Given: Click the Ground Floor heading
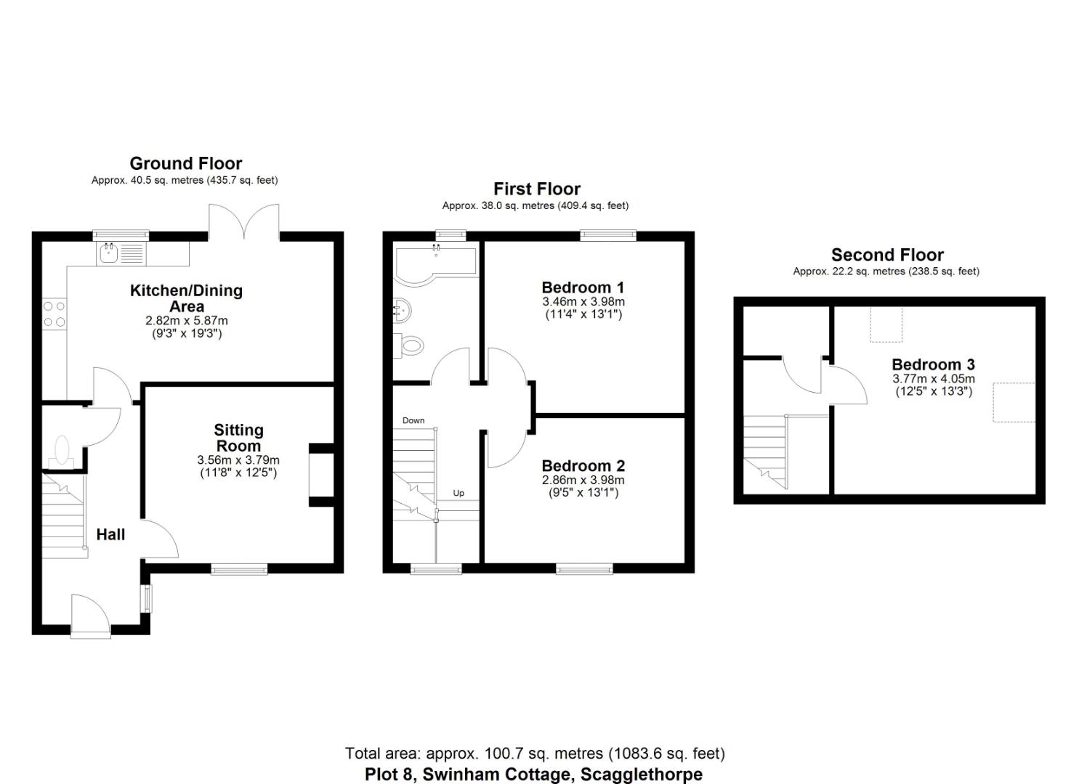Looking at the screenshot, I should [x=185, y=163].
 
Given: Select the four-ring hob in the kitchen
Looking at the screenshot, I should [x=54, y=314].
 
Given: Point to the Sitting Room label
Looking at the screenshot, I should [x=238, y=438].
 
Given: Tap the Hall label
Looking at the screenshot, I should [x=110, y=535].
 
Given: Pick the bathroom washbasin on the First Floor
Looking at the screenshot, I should [x=403, y=311].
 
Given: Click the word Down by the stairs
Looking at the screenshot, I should [x=413, y=420].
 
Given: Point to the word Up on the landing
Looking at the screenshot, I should [x=458, y=493].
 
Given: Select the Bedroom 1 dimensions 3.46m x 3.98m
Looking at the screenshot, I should [x=583, y=301].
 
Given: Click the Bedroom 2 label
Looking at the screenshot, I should [x=583, y=466].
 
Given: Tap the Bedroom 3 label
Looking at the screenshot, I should [x=933, y=364].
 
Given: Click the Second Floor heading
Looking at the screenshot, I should [x=887, y=255].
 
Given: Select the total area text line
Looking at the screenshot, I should [x=535, y=754].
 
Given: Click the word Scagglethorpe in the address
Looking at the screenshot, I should [x=641, y=775].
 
